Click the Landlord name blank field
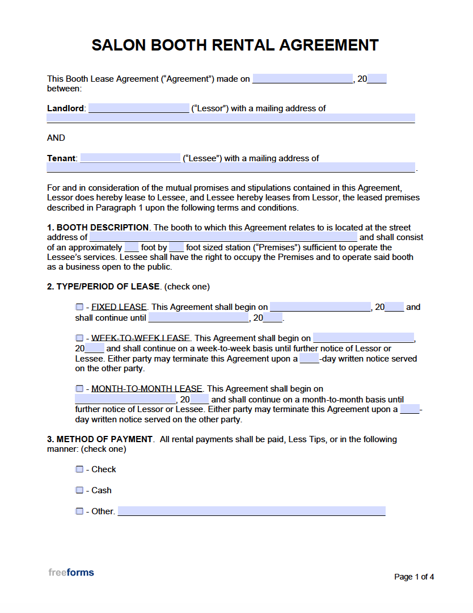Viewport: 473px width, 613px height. pyautogui.click(x=138, y=108)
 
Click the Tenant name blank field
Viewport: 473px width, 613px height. pyautogui.click(x=130, y=158)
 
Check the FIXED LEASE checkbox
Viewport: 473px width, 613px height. pyautogui.click(x=79, y=307)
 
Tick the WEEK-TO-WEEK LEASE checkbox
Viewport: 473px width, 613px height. pyautogui.click(x=79, y=338)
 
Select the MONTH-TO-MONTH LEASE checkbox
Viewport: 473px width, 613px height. pyautogui.click(x=79, y=389)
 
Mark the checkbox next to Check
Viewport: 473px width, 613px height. pyautogui.click(x=79, y=469)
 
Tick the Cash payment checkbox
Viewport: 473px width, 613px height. pyautogui.click(x=79, y=490)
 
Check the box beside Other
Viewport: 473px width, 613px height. pyautogui.click(x=79, y=511)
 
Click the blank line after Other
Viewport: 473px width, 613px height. pyautogui.click(x=251, y=511)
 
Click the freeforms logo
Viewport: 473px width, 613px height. pyautogui.click(x=71, y=572)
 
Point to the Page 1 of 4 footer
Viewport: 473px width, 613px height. pyautogui.click(x=414, y=577)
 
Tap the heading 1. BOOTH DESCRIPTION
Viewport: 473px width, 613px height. pyautogui.click(x=98, y=228)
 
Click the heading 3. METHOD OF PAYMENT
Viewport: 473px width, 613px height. pyautogui.click(x=100, y=439)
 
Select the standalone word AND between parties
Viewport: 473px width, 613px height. pyautogui.click(x=56, y=138)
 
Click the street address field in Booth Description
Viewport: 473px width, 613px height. pyautogui.click(x=223, y=237)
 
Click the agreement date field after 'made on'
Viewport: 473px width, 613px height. pyautogui.click(x=302, y=79)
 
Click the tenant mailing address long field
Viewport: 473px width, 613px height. pyautogui.click(x=230, y=168)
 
